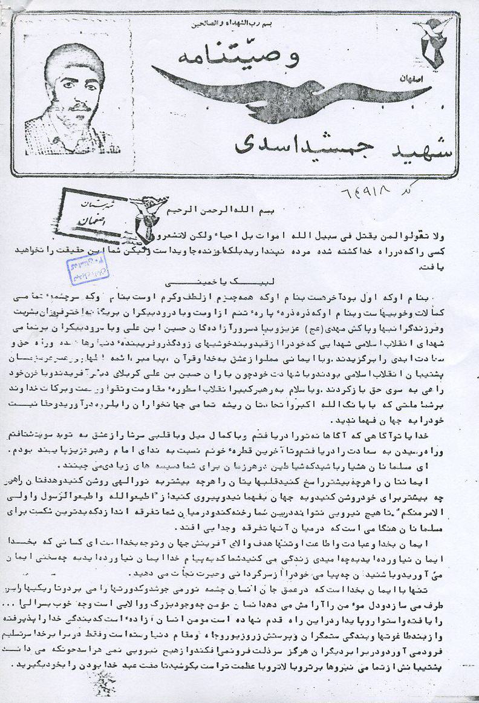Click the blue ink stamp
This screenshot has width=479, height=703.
pos(87,271)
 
